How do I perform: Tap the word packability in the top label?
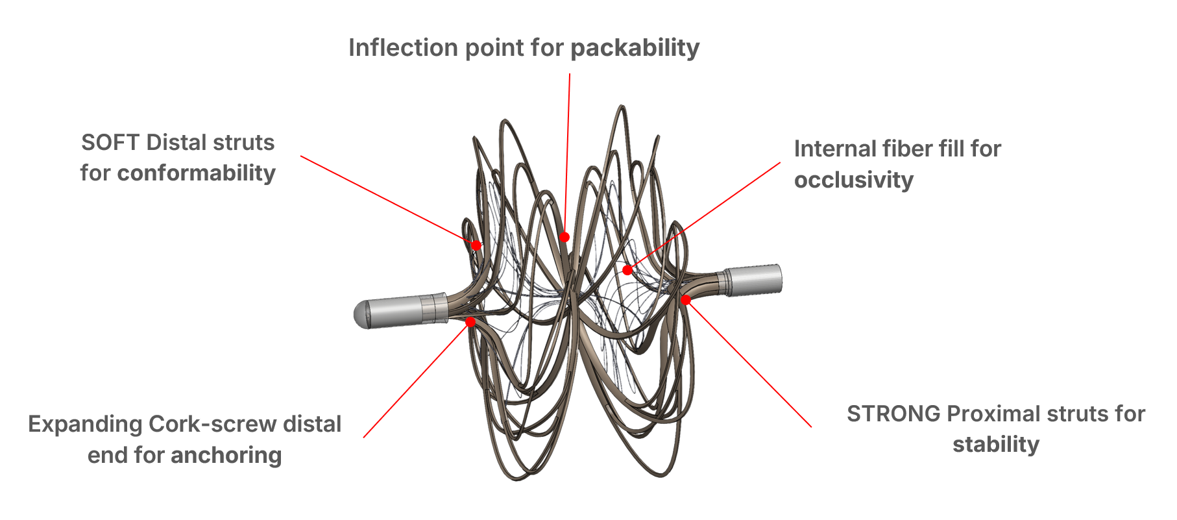coord(635,48)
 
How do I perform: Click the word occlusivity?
coord(854,180)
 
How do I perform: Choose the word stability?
coord(996,445)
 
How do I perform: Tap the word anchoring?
coord(226,455)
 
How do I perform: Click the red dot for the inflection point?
coord(564,237)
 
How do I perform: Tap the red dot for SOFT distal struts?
coord(476,245)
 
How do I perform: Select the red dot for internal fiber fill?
coord(627,270)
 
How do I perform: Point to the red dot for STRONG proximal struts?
coord(686,299)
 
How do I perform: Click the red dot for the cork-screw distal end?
coord(470,321)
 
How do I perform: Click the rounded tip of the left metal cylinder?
coord(360,314)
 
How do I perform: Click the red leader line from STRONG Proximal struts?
coord(749,364)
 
